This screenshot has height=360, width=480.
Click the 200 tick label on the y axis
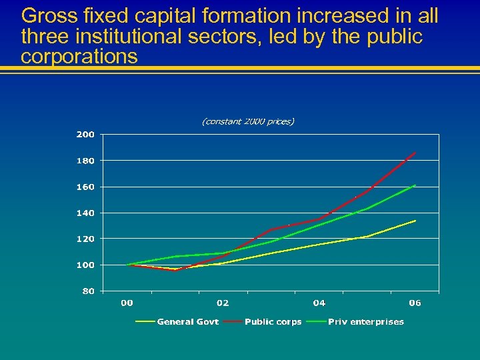click(85, 135)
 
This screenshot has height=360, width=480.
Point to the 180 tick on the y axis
click(85, 161)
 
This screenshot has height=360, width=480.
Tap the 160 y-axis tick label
click(85, 187)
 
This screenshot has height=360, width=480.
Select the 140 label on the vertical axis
click(85, 213)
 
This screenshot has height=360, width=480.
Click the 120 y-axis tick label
click(85, 239)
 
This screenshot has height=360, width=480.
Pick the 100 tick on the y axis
click(85, 265)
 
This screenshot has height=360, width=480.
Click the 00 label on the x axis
click(127, 303)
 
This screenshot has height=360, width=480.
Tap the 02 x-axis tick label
click(223, 303)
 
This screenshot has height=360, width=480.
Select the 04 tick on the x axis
click(319, 303)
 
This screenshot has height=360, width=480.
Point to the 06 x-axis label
click(415, 303)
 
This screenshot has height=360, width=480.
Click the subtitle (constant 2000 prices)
click(247, 121)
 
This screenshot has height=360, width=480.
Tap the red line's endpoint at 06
click(415, 153)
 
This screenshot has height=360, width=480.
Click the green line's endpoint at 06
click(415, 185)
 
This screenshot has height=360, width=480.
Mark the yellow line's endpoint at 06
click(415, 221)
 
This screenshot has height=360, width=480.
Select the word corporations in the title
click(79, 56)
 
